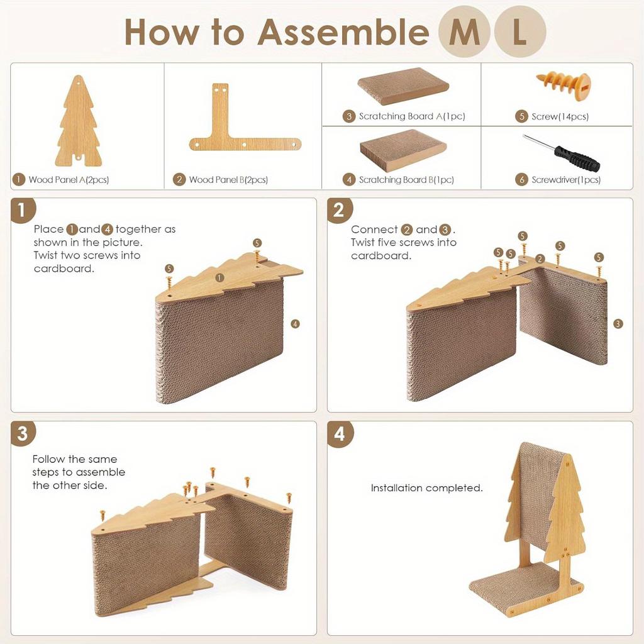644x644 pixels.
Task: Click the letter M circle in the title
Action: [x=464, y=32]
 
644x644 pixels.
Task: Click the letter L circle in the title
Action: [x=519, y=32]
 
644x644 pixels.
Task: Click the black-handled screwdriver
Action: [x=562, y=153]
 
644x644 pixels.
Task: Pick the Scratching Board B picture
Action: [x=403, y=150]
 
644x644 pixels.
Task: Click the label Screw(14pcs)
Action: [x=560, y=116]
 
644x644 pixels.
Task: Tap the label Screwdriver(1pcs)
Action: [x=565, y=180]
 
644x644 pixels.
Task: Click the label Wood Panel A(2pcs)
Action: [x=69, y=180]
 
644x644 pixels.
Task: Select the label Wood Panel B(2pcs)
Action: [x=228, y=180]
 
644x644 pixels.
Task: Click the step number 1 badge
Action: [x=23, y=211]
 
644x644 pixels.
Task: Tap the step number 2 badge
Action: [x=340, y=211]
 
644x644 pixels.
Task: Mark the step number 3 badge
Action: [x=23, y=434]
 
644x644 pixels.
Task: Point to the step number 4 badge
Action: [x=340, y=434]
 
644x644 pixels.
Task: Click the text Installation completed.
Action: [x=426, y=488]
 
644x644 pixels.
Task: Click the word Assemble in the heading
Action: [x=343, y=31]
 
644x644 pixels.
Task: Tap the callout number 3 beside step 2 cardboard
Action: [x=618, y=323]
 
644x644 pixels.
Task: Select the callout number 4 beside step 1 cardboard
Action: [x=296, y=324]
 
